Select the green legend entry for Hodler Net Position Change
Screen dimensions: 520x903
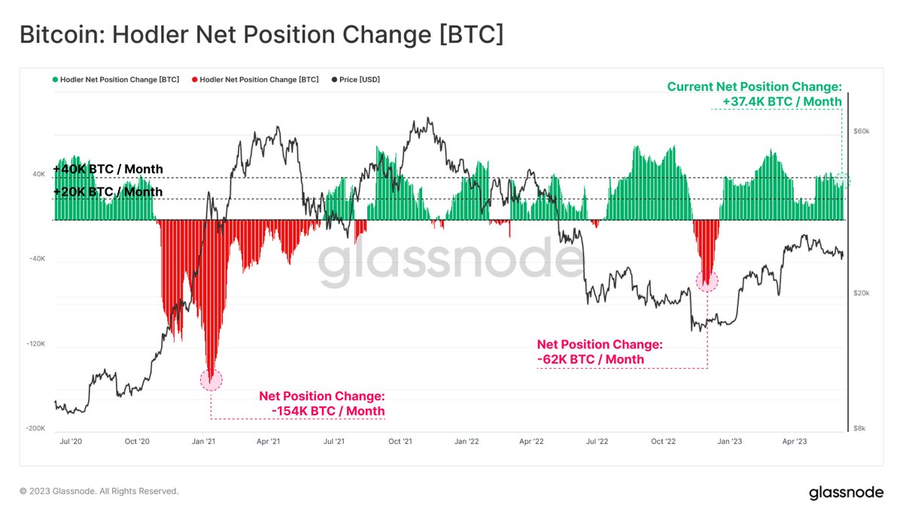tap(116, 79)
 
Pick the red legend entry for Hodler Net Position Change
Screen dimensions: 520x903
tap(256, 79)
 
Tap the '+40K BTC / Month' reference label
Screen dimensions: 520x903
tap(108, 169)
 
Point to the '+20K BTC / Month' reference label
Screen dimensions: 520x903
tap(108, 192)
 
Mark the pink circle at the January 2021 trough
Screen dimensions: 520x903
tap(211, 380)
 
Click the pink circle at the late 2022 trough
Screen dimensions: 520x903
tap(707, 281)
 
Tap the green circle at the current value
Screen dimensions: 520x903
tap(843, 180)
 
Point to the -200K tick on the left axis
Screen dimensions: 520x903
tap(36, 428)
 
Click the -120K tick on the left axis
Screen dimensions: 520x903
tap(36, 344)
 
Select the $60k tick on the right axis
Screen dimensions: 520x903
tap(861, 131)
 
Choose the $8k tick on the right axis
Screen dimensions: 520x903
tap(860, 428)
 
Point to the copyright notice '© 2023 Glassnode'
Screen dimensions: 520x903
tap(99, 491)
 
